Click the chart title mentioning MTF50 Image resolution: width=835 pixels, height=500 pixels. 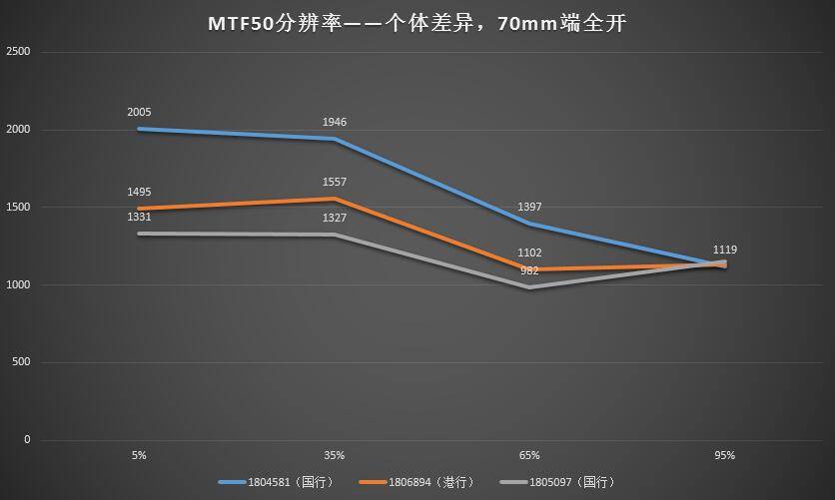tap(417, 21)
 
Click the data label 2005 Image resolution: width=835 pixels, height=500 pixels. tap(139, 113)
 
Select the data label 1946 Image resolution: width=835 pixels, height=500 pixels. tap(335, 122)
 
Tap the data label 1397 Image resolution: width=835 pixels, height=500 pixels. tap(530, 207)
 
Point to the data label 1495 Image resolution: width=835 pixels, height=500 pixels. tap(139, 192)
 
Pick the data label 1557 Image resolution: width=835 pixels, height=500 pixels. tap(335, 182)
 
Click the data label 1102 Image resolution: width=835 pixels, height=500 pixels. tap(530, 253)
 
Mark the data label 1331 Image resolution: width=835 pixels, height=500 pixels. tap(139, 216)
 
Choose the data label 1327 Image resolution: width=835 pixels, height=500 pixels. tap(335, 218)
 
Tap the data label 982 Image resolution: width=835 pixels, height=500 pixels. tap(528, 270)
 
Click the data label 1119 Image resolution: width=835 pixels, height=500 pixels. tap(725, 250)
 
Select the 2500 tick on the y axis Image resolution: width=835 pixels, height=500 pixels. tap(18, 51)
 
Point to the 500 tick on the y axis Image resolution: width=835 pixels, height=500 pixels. tap(21, 362)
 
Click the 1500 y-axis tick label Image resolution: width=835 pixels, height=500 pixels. tap(18, 207)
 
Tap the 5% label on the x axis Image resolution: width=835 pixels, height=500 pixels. tap(139, 455)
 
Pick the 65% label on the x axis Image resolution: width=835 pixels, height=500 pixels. tap(530, 455)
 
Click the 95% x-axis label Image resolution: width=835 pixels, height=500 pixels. tap(725, 455)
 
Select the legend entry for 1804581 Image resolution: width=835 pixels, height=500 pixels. tap(275, 482)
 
